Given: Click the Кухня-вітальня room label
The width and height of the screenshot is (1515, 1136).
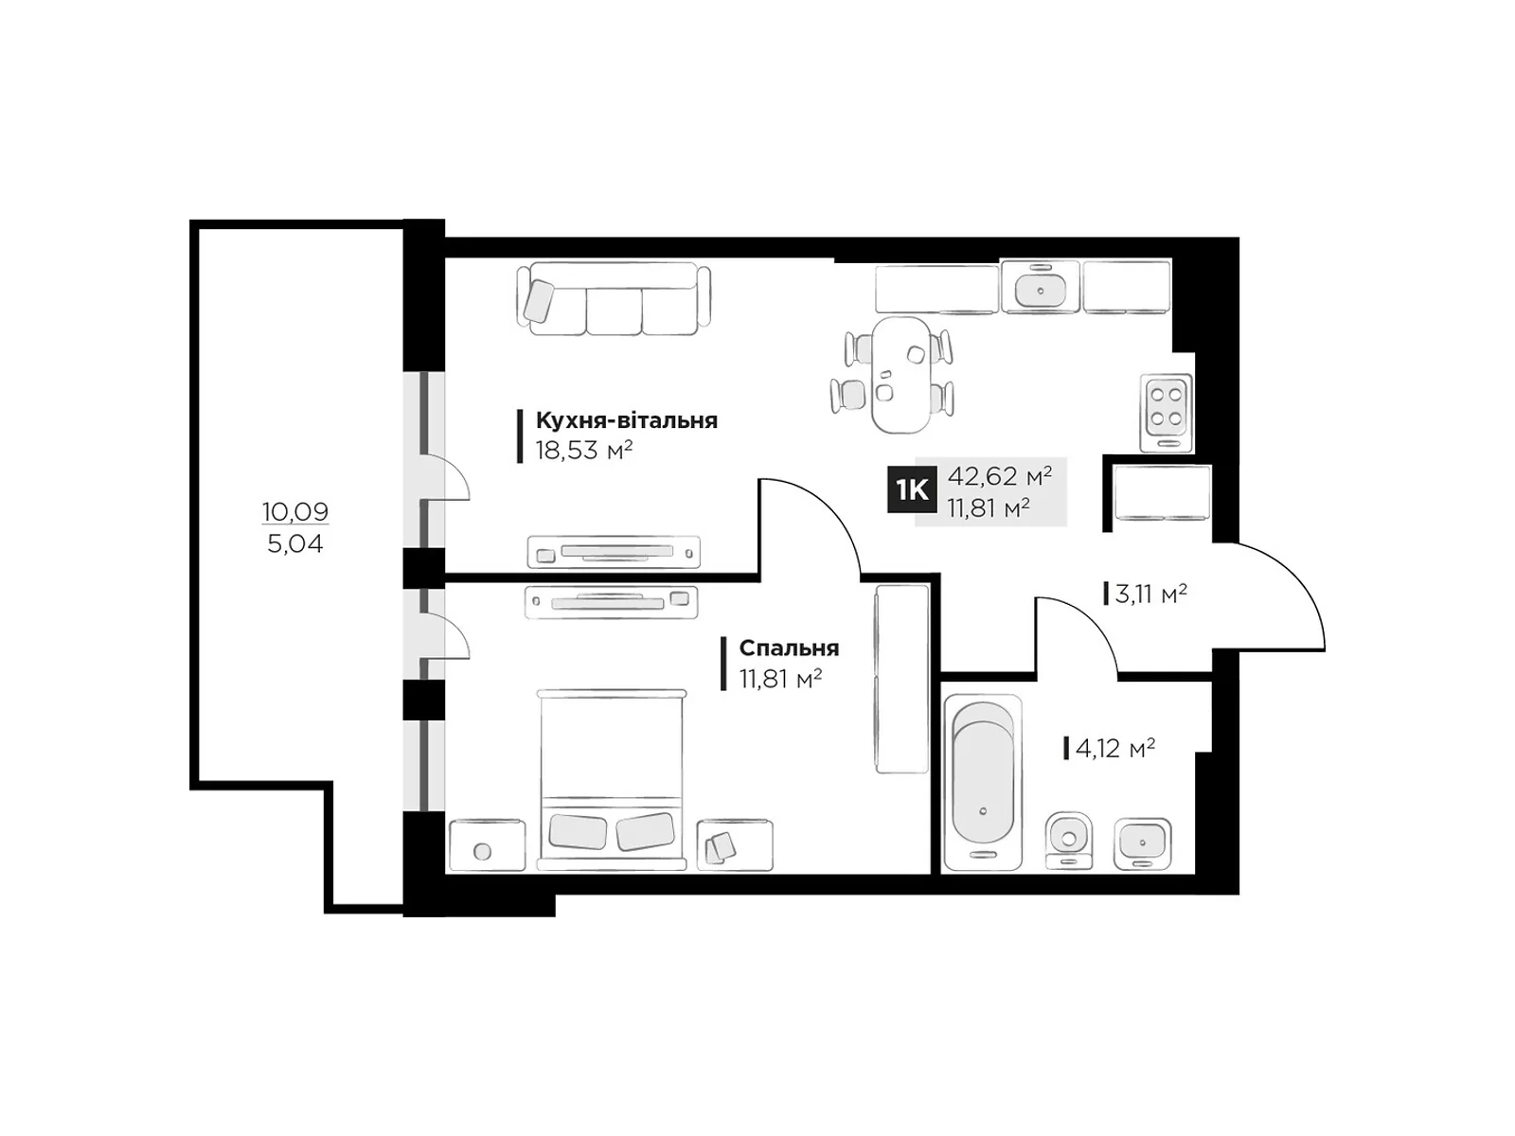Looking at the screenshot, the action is pyautogui.click(x=626, y=420).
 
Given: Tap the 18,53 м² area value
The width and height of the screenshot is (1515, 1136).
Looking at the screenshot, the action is pyautogui.click(x=584, y=452).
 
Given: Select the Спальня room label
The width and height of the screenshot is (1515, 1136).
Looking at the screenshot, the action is pyautogui.click(x=789, y=648).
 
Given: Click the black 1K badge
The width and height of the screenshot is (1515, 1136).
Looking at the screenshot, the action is pyautogui.click(x=911, y=490).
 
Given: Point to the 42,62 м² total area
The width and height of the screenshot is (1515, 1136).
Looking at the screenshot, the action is pyautogui.click(x=999, y=476).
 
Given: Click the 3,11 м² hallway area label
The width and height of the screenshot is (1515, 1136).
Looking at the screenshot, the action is pyautogui.click(x=1150, y=594).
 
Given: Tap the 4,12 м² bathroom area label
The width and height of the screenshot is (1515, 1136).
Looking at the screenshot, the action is pyautogui.click(x=1115, y=749).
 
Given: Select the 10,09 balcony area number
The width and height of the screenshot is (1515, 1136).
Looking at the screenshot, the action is pyautogui.click(x=295, y=511).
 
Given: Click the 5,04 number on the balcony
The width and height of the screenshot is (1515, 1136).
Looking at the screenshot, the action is pyautogui.click(x=295, y=544).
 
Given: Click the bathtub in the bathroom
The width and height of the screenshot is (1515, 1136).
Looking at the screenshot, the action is pyautogui.click(x=982, y=782).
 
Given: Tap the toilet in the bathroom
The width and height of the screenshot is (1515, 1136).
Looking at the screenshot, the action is pyautogui.click(x=1068, y=840).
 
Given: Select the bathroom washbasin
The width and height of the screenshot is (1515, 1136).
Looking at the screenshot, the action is pyautogui.click(x=1142, y=843).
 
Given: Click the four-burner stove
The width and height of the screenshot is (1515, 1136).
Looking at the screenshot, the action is pyautogui.click(x=1166, y=413).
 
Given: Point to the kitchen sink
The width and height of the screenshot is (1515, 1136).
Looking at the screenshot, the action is pyautogui.click(x=1040, y=287).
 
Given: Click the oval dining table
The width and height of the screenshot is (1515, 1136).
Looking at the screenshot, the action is pyautogui.click(x=900, y=375).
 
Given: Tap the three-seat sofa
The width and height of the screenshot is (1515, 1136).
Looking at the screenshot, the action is pyautogui.click(x=614, y=298).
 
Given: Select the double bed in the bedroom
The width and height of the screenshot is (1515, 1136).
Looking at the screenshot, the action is pyautogui.click(x=612, y=779).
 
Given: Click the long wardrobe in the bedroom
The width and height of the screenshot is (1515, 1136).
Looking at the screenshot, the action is pyautogui.click(x=901, y=680).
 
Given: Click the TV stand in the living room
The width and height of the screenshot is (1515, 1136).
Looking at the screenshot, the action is pyautogui.click(x=614, y=553).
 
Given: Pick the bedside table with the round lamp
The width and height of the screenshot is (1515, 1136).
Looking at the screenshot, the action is pyautogui.click(x=488, y=845).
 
